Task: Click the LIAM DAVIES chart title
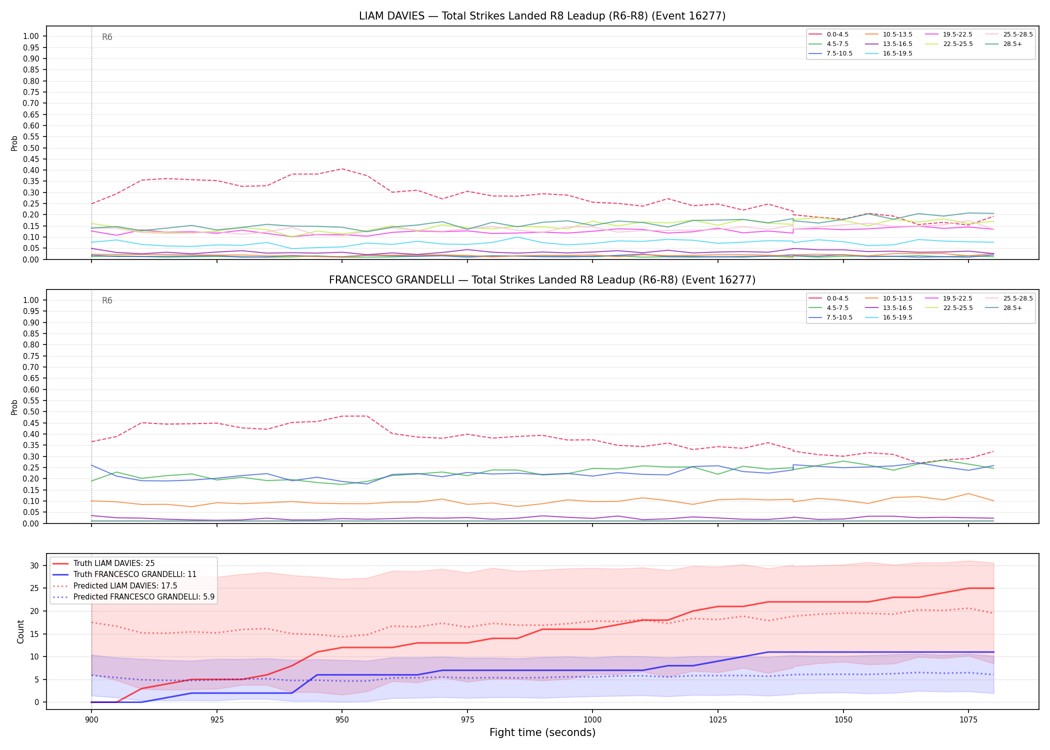pos(542,16)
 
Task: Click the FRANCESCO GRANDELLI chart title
pos(542,280)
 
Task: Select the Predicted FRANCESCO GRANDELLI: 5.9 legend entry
pos(133,597)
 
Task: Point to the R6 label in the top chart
pos(107,37)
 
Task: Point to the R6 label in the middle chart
pos(107,300)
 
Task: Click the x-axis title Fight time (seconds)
pos(542,732)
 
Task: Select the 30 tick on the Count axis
pos(35,565)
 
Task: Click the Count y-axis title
pos(20,631)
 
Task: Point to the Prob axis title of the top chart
pos(14,143)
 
